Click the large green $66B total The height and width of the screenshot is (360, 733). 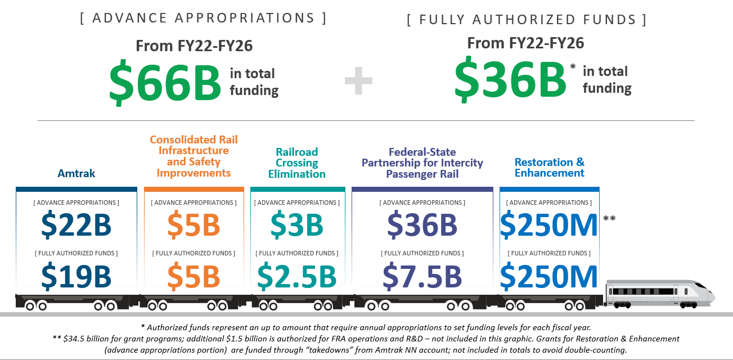[165, 83]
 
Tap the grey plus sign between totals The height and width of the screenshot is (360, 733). [358, 82]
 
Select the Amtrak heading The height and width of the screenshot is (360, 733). [77, 173]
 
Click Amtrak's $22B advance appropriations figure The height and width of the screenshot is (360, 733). [77, 224]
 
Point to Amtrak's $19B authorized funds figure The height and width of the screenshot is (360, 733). [77, 276]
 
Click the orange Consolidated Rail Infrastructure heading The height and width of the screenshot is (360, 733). [194, 156]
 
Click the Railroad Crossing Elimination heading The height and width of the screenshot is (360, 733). [297, 163]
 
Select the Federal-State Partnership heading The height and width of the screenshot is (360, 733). [422, 163]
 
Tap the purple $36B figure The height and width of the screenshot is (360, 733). [422, 224]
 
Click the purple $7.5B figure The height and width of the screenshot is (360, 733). [422, 276]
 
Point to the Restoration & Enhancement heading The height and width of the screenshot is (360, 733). [549, 167]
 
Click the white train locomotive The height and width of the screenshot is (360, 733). [658, 295]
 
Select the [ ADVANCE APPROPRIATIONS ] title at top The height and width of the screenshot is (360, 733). [203, 18]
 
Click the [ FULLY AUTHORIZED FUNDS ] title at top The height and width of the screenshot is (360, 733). [527, 20]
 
